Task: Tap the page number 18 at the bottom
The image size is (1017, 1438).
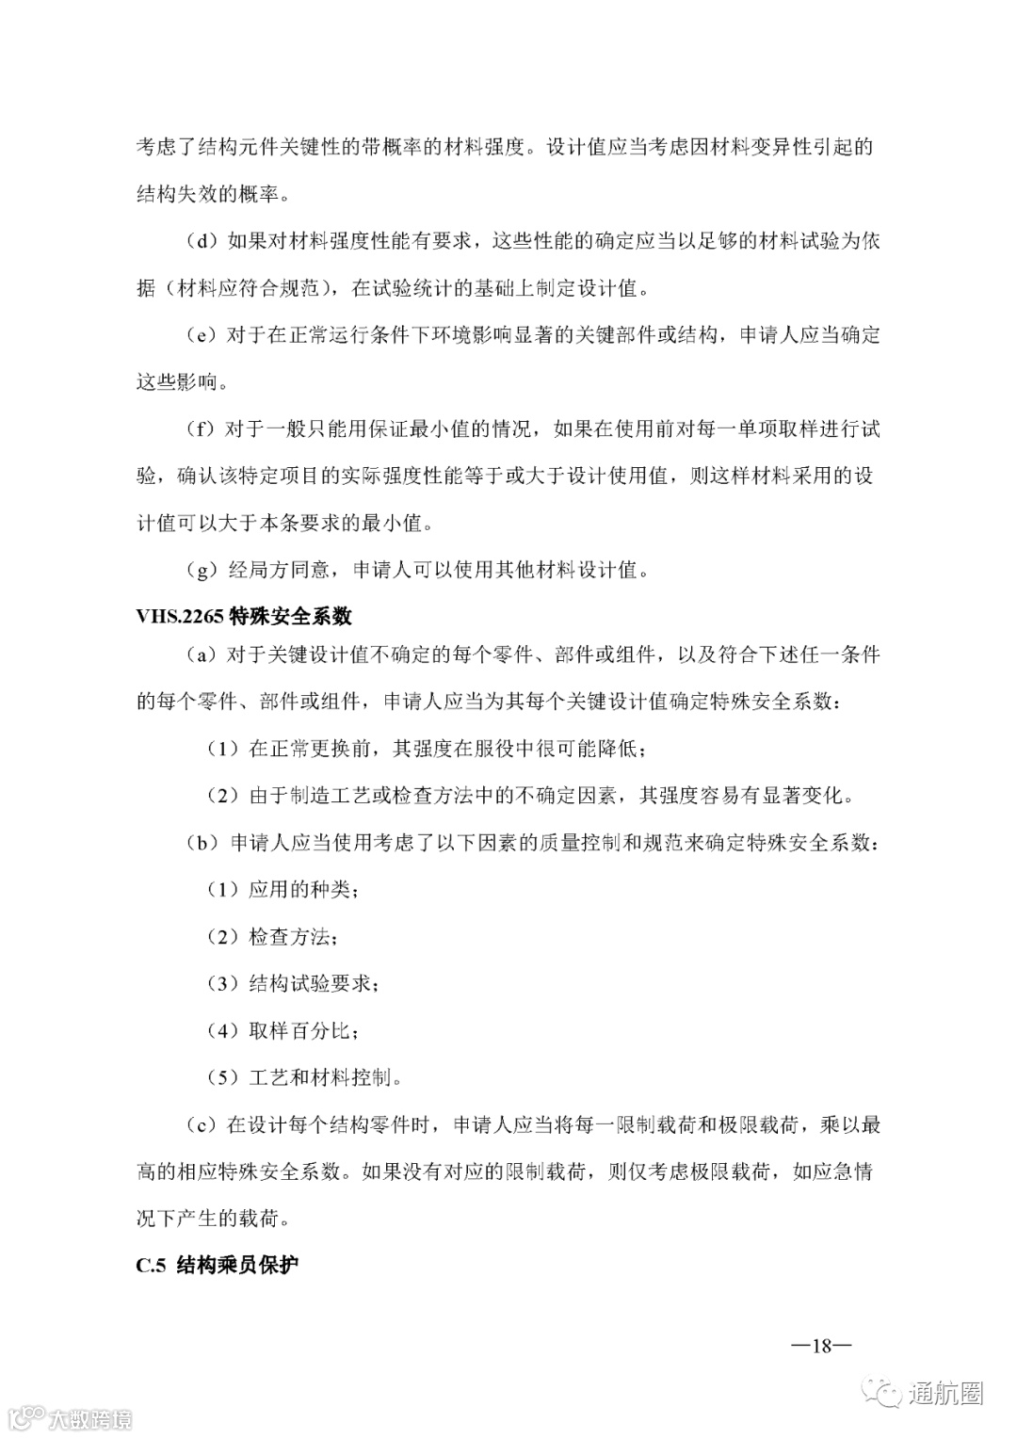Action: (x=821, y=1346)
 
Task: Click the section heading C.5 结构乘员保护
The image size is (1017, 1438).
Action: (x=218, y=1265)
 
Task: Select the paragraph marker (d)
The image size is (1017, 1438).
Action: (x=201, y=241)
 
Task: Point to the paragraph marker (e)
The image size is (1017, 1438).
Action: (x=201, y=335)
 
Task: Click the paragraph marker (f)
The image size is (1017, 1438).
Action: (x=201, y=429)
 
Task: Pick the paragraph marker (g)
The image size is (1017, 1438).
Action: (x=201, y=570)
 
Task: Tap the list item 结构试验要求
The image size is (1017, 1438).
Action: (x=312, y=984)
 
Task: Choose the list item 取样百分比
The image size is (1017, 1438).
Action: (x=301, y=1031)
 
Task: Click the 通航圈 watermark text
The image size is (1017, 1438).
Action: (x=945, y=1394)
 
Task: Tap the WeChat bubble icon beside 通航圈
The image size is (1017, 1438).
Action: (x=887, y=1393)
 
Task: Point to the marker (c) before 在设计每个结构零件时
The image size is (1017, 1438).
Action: (x=201, y=1124)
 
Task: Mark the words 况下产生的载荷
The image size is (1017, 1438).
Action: (x=209, y=1219)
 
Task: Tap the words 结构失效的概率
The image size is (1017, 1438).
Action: (x=209, y=195)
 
